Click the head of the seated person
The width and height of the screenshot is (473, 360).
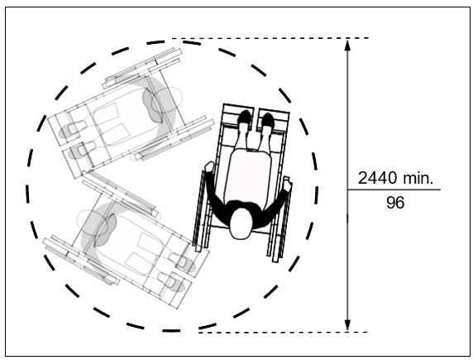pos(241,223)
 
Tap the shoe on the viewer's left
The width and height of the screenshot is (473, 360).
pos(245,121)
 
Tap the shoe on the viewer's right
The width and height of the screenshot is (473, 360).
pos(267,122)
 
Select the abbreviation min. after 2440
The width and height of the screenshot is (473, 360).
pos(418,178)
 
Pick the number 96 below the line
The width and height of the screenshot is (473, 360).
pos(395,202)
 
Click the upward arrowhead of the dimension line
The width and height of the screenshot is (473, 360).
pos(347,45)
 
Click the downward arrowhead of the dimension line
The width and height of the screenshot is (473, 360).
pos(347,325)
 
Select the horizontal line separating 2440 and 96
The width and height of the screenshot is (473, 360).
pos(394,190)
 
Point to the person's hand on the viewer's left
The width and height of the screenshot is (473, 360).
pos(208,169)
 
